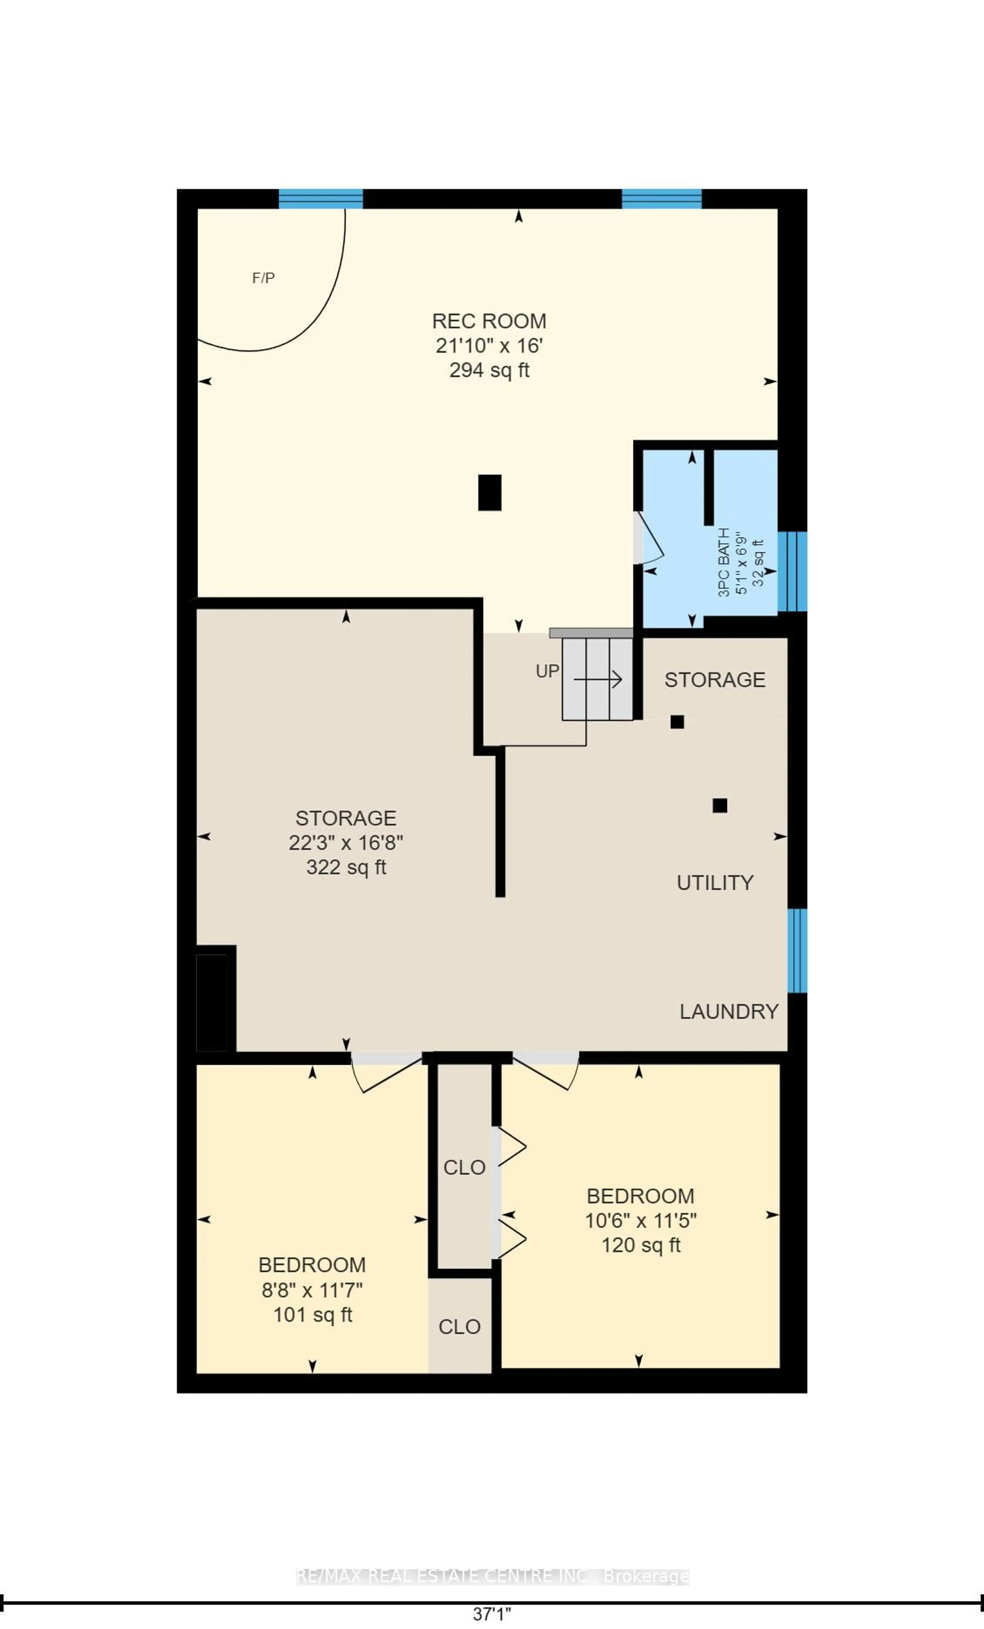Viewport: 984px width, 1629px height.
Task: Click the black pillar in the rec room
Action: (489, 492)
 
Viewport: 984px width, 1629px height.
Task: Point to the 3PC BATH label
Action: (724, 562)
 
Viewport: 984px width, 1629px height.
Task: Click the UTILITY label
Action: (715, 883)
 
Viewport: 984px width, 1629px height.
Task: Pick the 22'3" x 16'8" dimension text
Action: (346, 843)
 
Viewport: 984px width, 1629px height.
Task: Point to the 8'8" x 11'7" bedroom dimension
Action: (312, 1290)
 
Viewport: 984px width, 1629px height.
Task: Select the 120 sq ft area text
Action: (641, 1245)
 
